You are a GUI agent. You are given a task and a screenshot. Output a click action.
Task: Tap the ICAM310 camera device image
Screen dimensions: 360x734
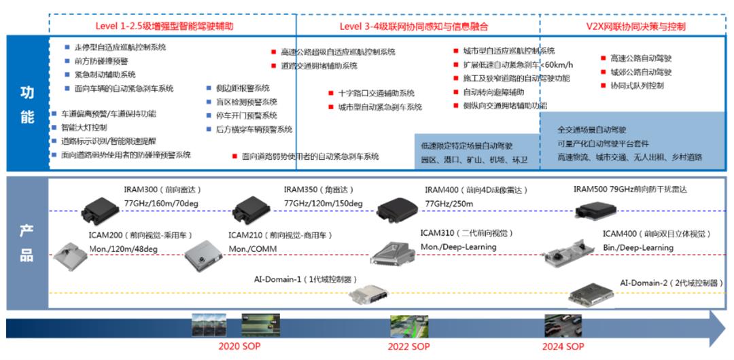(x=393, y=253)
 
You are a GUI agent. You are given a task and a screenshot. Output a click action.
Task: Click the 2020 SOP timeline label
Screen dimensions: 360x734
(x=239, y=346)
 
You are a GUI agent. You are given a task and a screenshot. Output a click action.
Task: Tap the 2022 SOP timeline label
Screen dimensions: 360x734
(x=408, y=346)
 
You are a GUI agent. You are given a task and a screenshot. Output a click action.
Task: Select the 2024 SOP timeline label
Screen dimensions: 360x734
(x=563, y=346)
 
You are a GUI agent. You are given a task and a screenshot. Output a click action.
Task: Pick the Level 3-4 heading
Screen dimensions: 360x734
(x=413, y=26)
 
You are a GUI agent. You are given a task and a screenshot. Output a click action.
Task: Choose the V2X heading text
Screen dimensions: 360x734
(x=635, y=26)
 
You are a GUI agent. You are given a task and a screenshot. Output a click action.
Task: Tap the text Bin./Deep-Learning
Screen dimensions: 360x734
(x=637, y=247)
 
